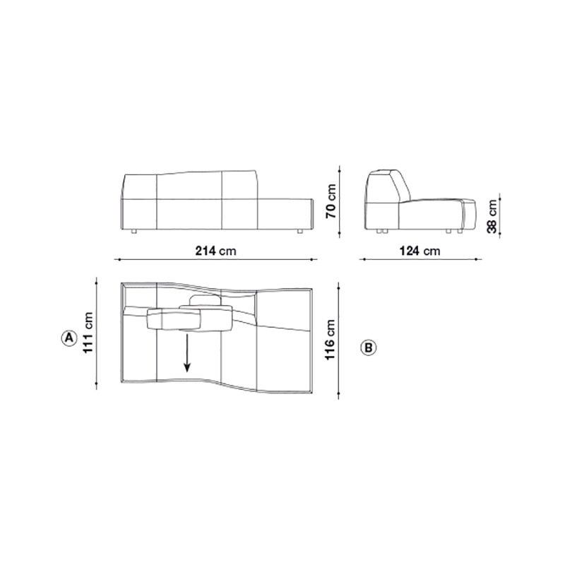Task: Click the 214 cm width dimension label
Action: [x=216, y=251]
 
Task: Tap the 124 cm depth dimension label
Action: [x=420, y=251]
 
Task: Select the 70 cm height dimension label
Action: [x=331, y=201]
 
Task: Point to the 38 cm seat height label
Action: [x=492, y=216]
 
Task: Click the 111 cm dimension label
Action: [x=88, y=333]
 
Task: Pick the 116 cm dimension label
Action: [x=331, y=340]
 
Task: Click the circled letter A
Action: [x=69, y=338]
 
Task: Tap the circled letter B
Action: [x=368, y=347]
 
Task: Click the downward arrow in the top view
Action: [x=187, y=352]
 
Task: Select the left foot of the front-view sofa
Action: [x=134, y=232]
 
